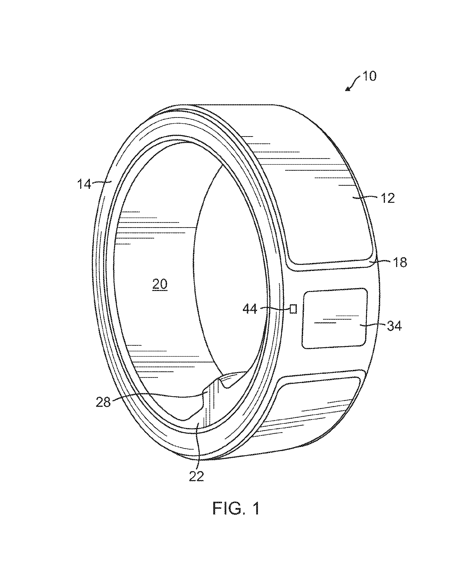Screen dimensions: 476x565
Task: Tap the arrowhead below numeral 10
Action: (348, 89)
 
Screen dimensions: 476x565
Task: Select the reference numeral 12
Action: (388, 198)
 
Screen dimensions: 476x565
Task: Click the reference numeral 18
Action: (400, 262)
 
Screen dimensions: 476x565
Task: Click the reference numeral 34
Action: (394, 326)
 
